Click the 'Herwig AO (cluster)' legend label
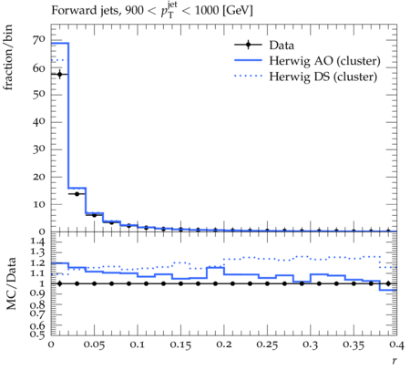pyautogui.click(x=324, y=61)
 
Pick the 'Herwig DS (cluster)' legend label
pyautogui.click(x=323, y=77)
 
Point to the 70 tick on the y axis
pyautogui.click(x=39, y=40)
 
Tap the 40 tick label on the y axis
pyautogui.click(x=39, y=122)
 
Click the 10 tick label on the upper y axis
pyautogui.click(x=39, y=204)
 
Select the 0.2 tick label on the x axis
pyautogui.click(x=224, y=344)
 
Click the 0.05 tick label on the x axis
pyautogui.click(x=94, y=344)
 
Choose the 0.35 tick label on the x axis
pyautogui.click(x=354, y=344)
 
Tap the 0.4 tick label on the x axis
pyautogui.click(x=396, y=344)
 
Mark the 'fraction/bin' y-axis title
pyautogui.click(x=8, y=57)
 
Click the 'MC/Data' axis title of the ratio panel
pyautogui.click(x=11, y=283)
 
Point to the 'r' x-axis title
pyautogui.click(x=395, y=361)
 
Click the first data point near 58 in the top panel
pyautogui.click(x=59, y=74)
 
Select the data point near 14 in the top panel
pyautogui.click(x=77, y=194)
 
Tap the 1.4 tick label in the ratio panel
pyautogui.click(x=37, y=242)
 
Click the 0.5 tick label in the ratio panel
pyautogui.click(x=37, y=334)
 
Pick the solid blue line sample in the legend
pyautogui.click(x=248, y=60)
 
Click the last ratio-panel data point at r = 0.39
pyautogui.click(x=388, y=283)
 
